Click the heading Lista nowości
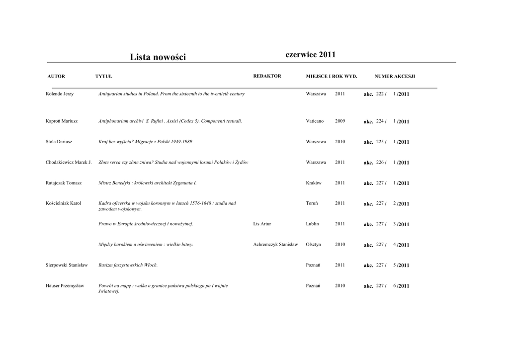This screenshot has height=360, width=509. click(x=158, y=57)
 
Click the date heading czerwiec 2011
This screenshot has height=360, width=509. click(x=311, y=55)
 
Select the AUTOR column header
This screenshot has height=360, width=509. click(x=56, y=77)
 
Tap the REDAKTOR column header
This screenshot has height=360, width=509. click(x=267, y=76)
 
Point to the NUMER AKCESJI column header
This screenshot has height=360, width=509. click(x=395, y=77)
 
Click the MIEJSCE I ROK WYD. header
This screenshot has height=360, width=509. click(x=332, y=77)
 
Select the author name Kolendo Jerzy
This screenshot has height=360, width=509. click(x=60, y=94)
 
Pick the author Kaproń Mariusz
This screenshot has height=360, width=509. click(x=62, y=121)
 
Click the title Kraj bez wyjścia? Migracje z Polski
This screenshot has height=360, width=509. click(x=145, y=142)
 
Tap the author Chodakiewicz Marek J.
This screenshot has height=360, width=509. click(x=69, y=163)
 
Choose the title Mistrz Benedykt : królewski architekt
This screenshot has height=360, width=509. click(x=148, y=183)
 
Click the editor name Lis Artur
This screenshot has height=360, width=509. click(x=262, y=224)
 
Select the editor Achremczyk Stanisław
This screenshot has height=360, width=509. click(x=275, y=245)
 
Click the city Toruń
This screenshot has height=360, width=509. click(x=312, y=203)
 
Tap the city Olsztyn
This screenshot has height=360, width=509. click(x=314, y=245)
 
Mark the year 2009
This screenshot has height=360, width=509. click(x=340, y=121)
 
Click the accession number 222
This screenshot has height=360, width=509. click(x=380, y=94)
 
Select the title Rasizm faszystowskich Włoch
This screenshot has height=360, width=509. click(x=128, y=265)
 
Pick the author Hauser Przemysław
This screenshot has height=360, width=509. click(x=65, y=286)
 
